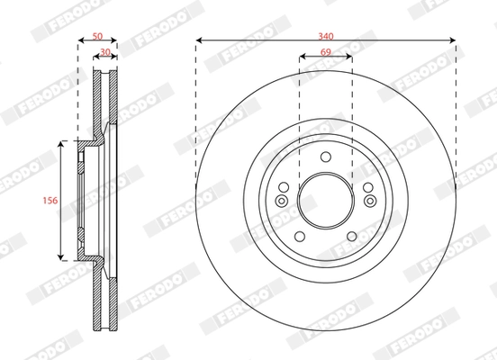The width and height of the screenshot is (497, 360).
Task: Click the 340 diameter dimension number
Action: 325,35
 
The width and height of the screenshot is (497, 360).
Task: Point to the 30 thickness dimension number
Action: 105,53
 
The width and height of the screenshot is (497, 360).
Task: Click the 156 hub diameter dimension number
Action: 51,202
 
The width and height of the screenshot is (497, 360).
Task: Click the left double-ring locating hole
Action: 282,200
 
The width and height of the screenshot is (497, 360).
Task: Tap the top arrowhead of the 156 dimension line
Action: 61,144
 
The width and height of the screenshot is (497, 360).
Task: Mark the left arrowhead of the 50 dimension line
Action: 81,40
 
